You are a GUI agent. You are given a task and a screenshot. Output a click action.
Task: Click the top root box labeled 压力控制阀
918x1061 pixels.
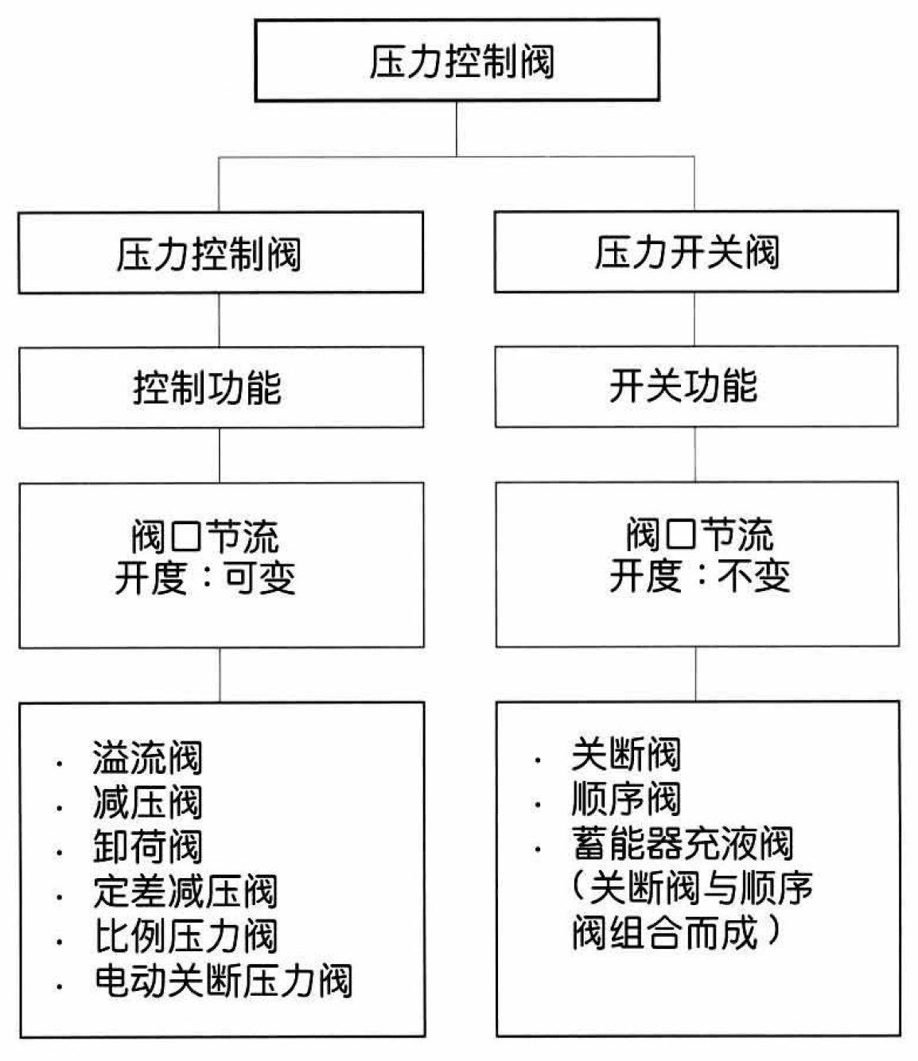(x=457, y=60)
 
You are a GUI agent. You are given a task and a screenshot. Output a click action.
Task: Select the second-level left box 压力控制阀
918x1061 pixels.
(x=221, y=253)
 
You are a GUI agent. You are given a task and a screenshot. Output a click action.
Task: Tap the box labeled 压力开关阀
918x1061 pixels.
(x=696, y=251)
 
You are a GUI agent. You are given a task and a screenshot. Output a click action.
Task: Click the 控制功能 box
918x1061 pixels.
(x=221, y=387)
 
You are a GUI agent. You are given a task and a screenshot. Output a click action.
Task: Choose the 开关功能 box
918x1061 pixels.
(x=697, y=387)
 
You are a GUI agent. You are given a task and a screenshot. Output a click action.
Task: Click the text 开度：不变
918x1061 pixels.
(x=700, y=576)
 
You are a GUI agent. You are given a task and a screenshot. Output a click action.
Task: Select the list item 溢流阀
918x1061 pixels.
(x=148, y=758)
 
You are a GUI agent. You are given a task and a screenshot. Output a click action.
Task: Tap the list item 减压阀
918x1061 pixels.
(x=148, y=803)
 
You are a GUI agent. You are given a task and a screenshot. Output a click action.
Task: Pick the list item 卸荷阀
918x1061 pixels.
(x=148, y=847)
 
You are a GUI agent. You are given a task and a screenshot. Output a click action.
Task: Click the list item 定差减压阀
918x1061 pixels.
(x=185, y=892)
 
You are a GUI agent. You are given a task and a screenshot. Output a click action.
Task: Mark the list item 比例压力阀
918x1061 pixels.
(x=186, y=936)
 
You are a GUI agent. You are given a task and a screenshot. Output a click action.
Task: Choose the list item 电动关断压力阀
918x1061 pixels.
(x=224, y=981)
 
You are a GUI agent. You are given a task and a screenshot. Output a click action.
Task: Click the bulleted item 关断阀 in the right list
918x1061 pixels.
(x=626, y=754)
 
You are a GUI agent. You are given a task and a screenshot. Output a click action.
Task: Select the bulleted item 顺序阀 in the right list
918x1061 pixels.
(x=626, y=799)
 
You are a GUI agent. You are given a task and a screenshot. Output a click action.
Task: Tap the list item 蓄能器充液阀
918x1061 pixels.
(x=683, y=843)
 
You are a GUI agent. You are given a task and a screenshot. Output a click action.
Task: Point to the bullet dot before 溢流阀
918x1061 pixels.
(x=60, y=764)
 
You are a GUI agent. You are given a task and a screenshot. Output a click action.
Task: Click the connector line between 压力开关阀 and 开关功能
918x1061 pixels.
(x=694, y=319)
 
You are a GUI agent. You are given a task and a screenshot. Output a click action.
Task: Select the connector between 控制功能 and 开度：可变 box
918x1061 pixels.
(x=220, y=455)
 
